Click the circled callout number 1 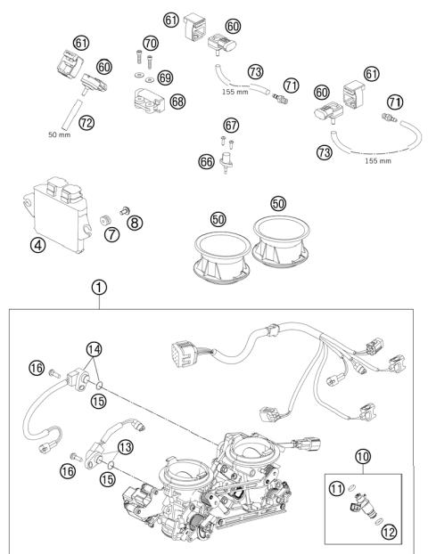click(x=100, y=287)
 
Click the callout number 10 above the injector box click(x=363, y=458)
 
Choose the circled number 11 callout click(x=337, y=486)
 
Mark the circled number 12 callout click(x=388, y=532)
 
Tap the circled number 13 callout click(x=125, y=445)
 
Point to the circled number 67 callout click(x=231, y=125)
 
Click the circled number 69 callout click(x=165, y=77)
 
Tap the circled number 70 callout click(x=149, y=42)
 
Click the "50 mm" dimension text click(x=58, y=134)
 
